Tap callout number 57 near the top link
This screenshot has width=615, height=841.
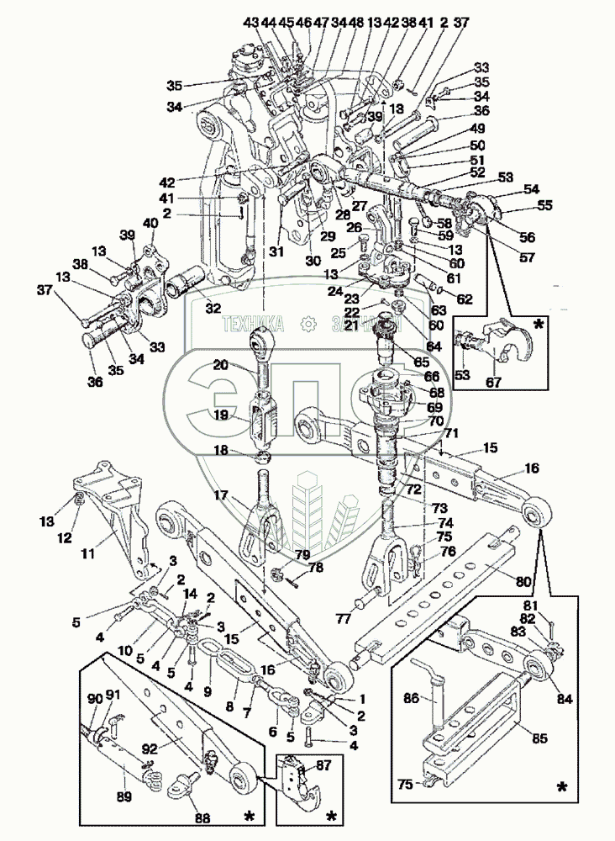(x=527, y=258)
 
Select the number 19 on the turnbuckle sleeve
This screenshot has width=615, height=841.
(x=220, y=415)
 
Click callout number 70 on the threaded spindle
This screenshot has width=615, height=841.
(x=436, y=420)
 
